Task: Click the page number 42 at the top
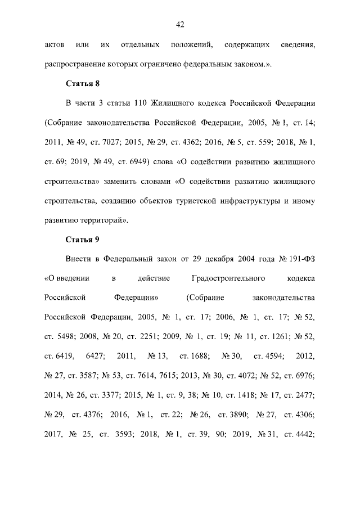tap(180, 24)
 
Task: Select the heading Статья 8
tap(83, 84)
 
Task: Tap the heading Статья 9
tap(83, 240)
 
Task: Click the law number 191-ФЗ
tap(300, 259)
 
